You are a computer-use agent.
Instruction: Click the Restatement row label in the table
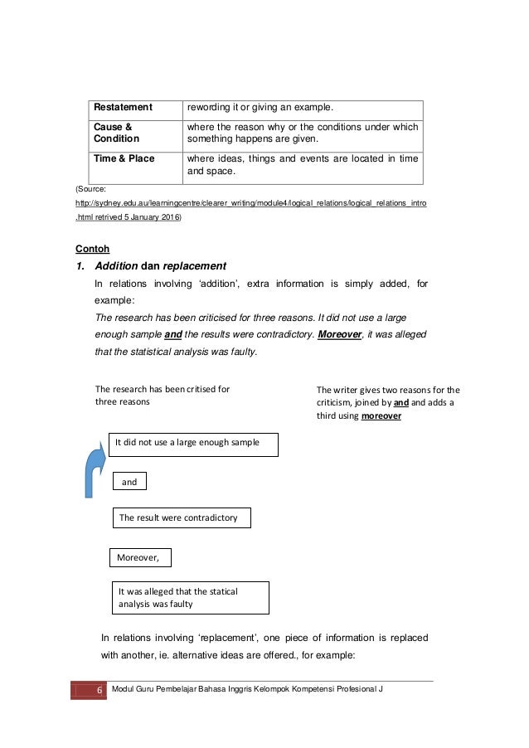[x=123, y=107]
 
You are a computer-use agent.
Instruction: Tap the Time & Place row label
[x=124, y=158]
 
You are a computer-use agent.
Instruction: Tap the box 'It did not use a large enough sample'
[x=193, y=444]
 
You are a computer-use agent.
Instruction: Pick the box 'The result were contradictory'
[x=181, y=517]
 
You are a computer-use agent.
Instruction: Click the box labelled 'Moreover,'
[x=140, y=557]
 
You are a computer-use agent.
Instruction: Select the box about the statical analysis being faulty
[x=190, y=597]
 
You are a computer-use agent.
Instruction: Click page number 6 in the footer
[x=88, y=691]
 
